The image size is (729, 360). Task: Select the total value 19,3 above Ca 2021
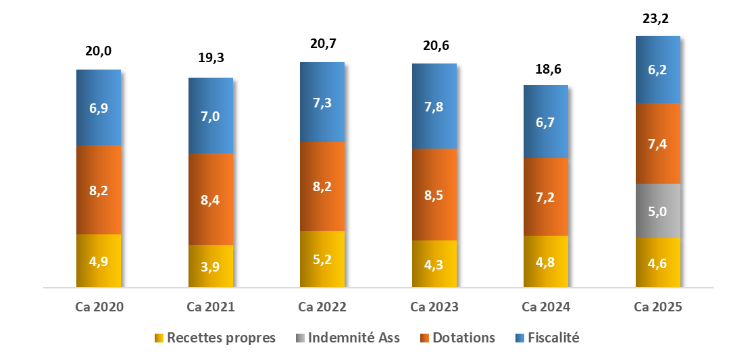click(210, 58)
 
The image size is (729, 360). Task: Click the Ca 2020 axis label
click(99, 307)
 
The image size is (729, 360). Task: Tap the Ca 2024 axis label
click(546, 307)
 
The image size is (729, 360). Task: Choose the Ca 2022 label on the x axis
click(322, 307)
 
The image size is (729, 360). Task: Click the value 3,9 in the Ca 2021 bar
click(210, 266)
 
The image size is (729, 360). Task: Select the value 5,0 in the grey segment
click(658, 211)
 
